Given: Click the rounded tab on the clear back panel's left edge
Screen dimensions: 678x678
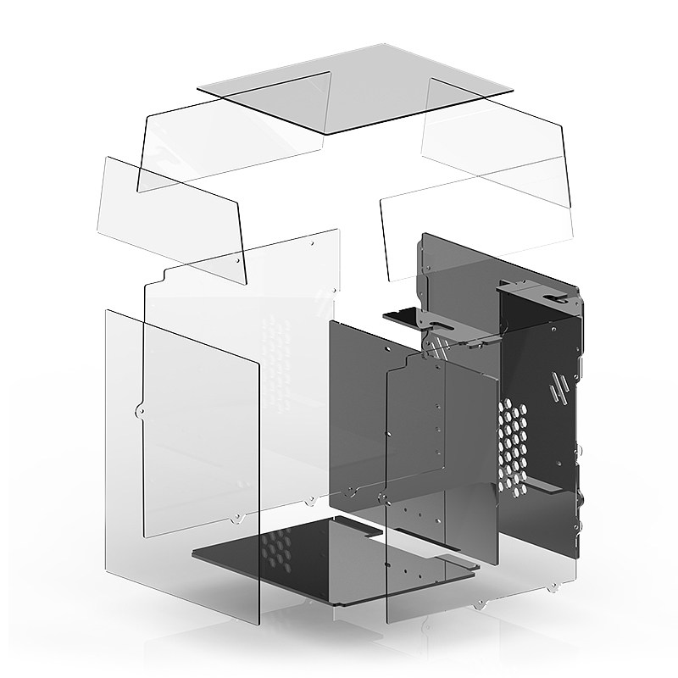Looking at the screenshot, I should [x=139, y=413].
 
